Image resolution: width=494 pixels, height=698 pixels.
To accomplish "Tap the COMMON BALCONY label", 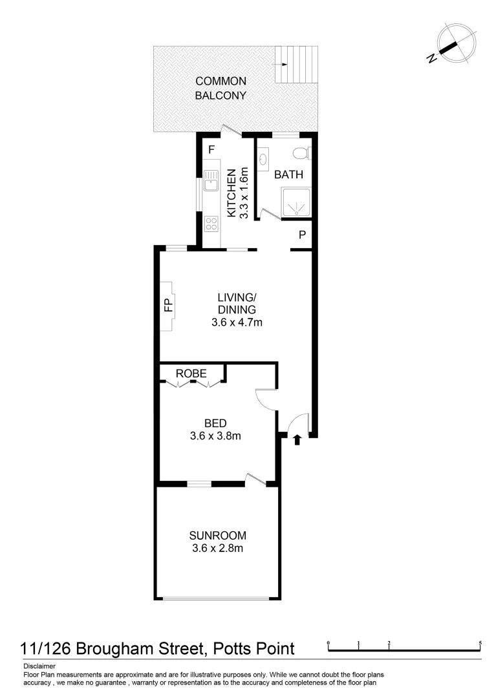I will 221,89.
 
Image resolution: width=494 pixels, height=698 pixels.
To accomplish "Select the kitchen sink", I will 210,182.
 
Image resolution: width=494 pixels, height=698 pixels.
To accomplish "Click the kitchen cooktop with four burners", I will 211,224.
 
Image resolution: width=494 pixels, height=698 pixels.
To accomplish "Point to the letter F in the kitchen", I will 211,149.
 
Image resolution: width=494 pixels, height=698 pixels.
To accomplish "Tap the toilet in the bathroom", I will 299,154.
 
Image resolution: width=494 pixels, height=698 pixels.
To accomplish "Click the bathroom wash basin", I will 263,158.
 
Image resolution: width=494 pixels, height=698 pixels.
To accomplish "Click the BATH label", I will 288,174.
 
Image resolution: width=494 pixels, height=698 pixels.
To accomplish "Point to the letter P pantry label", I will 301,235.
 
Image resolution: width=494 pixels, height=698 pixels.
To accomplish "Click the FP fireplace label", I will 167,305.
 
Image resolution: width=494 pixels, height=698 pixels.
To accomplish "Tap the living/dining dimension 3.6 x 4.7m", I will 237,322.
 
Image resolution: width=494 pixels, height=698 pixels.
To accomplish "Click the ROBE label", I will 191,374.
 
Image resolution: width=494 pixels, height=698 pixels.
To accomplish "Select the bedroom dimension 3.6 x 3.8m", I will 215,436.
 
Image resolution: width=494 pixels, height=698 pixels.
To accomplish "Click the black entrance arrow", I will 297,440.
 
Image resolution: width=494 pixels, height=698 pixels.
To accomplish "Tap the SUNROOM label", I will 217,535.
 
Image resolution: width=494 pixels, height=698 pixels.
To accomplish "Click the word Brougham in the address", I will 122,648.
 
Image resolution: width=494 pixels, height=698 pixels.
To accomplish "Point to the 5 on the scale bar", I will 480,643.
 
